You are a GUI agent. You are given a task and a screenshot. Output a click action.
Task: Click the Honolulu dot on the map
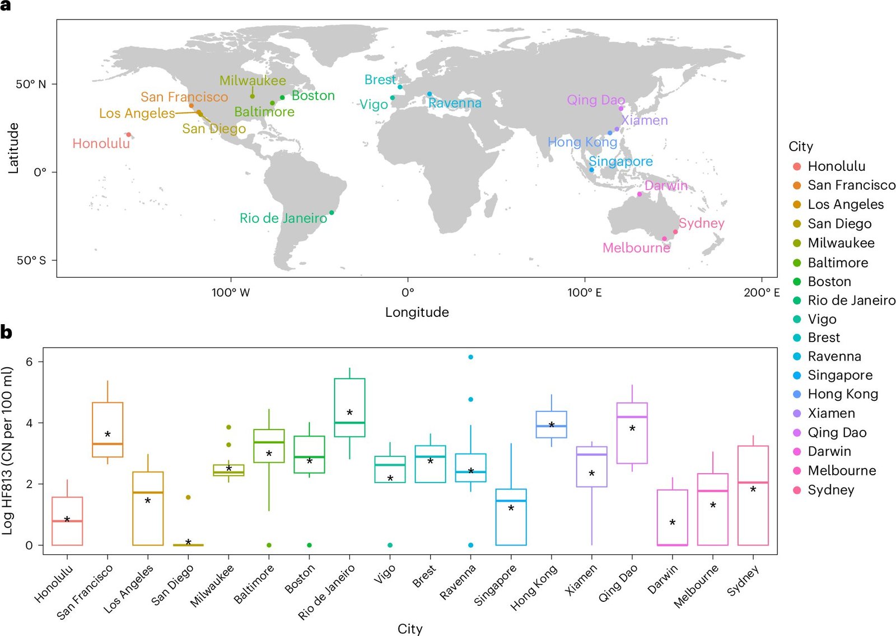pyautogui.click(x=128, y=134)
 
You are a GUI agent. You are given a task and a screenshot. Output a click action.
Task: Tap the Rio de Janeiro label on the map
pyautogui.click(x=283, y=218)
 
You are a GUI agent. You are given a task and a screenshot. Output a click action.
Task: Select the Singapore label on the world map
pyautogui.click(x=620, y=161)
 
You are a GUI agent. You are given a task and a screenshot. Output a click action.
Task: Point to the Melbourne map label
pyautogui.click(x=636, y=248)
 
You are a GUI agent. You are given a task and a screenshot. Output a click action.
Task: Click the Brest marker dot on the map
pyautogui.click(x=400, y=87)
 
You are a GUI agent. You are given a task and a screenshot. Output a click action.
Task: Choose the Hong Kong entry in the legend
pyautogui.click(x=842, y=394)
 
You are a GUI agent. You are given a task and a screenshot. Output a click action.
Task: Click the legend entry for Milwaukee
pyautogui.click(x=841, y=243)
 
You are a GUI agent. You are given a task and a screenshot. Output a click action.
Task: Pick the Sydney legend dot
pyautogui.click(x=797, y=490)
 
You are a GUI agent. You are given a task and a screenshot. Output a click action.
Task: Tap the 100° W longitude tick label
pyautogui.click(x=230, y=292)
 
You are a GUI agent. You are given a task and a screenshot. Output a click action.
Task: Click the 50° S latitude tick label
pyautogui.click(x=31, y=260)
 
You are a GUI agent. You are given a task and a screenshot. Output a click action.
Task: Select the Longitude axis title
pyautogui.click(x=417, y=312)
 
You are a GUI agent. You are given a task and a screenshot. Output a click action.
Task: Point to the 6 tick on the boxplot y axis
pyautogui.click(x=29, y=362)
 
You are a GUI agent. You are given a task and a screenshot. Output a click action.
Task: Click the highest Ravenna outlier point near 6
pyautogui.click(x=470, y=357)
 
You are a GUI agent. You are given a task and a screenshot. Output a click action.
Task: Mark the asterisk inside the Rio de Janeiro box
pyautogui.click(x=349, y=413)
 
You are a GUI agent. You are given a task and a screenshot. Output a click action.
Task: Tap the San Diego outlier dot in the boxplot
pyautogui.click(x=188, y=497)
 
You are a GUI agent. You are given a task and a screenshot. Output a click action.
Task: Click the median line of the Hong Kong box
pyautogui.click(x=551, y=427)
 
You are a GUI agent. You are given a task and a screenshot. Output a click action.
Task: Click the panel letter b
pyautogui.click(x=6, y=333)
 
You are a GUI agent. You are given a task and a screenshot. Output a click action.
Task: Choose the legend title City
pyautogui.click(x=800, y=147)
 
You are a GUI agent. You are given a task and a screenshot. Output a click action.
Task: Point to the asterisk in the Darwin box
pyautogui.click(x=672, y=522)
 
